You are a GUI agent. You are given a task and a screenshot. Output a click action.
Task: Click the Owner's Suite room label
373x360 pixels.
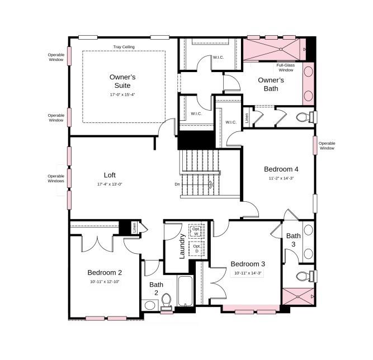[122, 81]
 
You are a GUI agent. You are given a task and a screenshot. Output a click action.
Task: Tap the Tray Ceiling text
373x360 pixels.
[124, 47]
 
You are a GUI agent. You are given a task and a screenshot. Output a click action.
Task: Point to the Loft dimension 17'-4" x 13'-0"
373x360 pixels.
[110, 184]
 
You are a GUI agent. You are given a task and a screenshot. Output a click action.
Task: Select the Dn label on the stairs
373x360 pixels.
[177, 184]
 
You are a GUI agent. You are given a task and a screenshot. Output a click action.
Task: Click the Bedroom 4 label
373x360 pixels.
[281, 169]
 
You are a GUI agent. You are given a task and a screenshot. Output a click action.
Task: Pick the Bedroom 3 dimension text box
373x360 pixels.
[247, 273]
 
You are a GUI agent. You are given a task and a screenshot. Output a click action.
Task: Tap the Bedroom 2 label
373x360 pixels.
[105, 272]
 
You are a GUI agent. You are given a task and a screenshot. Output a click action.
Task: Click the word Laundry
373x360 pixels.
[182, 247]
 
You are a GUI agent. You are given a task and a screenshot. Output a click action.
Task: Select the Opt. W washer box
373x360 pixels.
[196, 231]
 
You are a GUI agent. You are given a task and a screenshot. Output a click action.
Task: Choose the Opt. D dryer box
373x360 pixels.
[196, 248]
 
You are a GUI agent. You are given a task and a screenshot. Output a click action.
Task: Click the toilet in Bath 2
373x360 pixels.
[166, 301]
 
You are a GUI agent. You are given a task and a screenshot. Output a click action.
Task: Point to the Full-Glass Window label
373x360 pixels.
[285, 68]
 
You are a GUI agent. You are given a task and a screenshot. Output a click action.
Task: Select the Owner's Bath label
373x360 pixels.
[271, 84]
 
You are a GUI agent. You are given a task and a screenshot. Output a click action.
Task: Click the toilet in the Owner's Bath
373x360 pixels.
[305, 117]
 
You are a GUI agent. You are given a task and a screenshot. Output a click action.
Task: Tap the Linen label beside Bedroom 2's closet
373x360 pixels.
[134, 227]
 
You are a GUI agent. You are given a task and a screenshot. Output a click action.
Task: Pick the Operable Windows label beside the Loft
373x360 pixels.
[56, 178]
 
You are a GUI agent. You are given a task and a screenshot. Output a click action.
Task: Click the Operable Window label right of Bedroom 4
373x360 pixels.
[327, 145]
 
